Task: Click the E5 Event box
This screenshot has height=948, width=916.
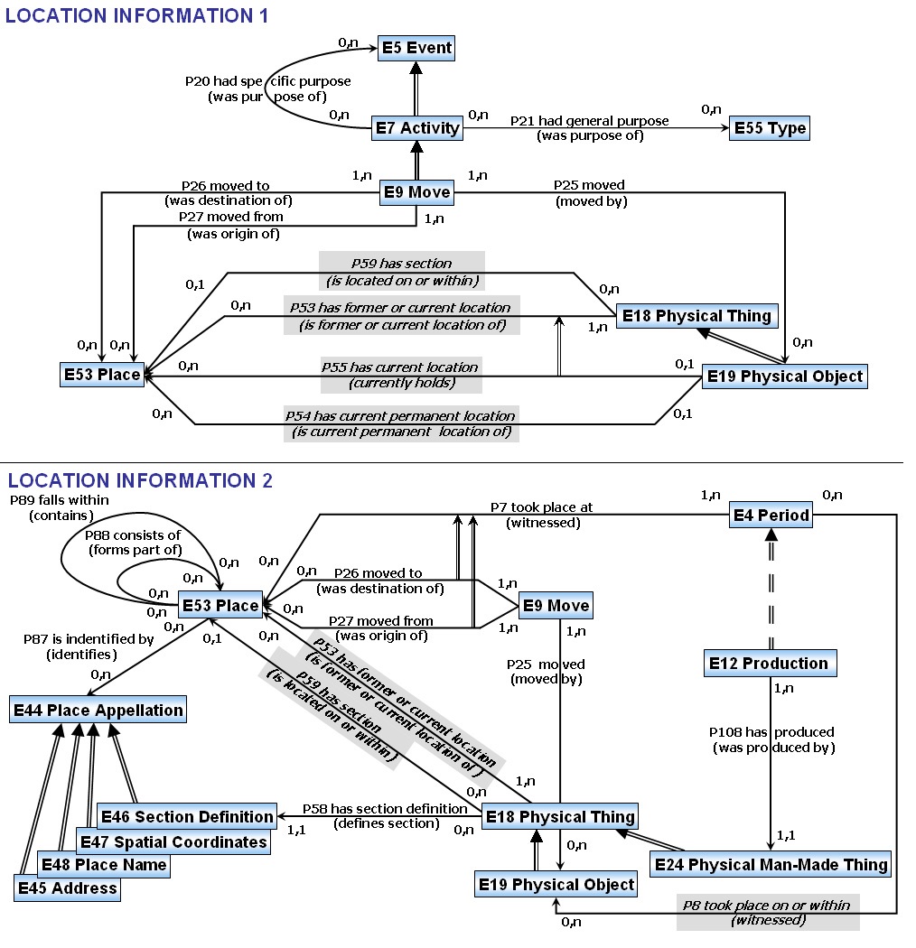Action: click(416, 47)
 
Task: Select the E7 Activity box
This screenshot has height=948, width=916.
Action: click(417, 128)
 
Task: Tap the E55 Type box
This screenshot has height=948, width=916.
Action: click(770, 128)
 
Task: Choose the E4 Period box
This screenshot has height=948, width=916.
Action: click(771, 516)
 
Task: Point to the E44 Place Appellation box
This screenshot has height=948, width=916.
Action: click(98, 710)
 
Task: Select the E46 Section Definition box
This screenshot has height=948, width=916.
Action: click(186, 816)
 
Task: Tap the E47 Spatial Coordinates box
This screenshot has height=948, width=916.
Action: click(173, 841)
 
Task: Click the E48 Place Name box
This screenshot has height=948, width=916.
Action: click(104, 864)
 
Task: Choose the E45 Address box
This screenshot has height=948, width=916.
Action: click(67, 888)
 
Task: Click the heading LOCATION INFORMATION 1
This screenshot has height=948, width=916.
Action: click(137, 14)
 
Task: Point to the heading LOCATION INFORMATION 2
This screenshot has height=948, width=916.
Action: click(140, 480)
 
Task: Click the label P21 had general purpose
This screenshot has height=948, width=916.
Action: click(589, 120)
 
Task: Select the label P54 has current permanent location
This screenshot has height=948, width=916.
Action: click(400, 416)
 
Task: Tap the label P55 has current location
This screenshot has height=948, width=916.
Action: click(399, 367)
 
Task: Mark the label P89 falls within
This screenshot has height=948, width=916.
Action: click(53, 499)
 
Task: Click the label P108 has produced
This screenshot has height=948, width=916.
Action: click(771, 731)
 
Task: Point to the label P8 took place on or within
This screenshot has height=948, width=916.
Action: click(767, 905)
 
